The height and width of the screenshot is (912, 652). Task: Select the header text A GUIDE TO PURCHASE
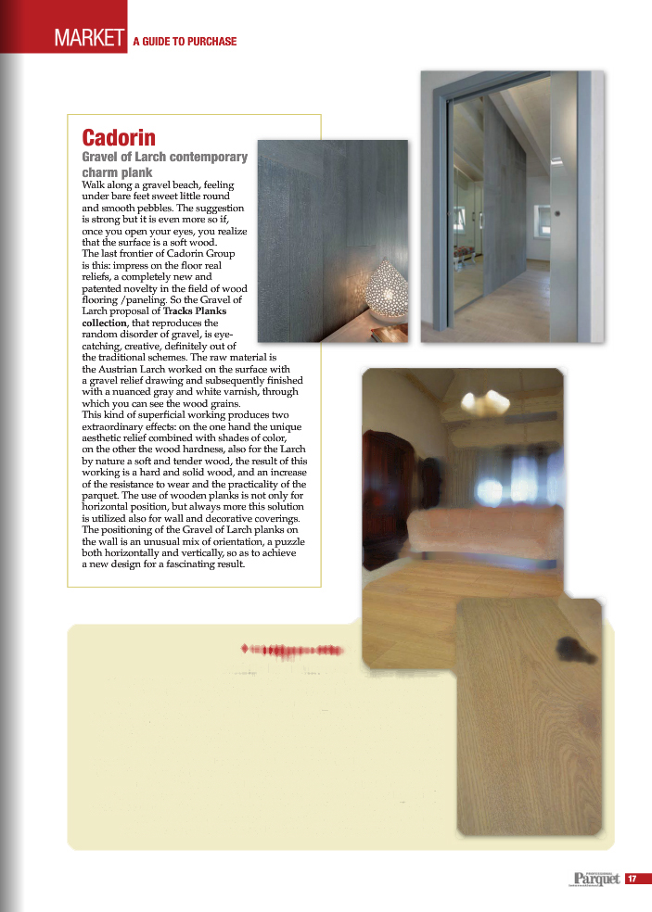(185, 42)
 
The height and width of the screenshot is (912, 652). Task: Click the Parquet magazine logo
(595, 879)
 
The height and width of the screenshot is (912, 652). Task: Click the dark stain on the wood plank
(567, 652)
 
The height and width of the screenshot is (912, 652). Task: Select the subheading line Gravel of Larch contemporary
(165, 158)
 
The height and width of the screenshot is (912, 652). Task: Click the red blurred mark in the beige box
(293, 651)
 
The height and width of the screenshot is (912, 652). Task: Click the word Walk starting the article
(95, 185)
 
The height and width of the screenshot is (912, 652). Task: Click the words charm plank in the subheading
(117, 172)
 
